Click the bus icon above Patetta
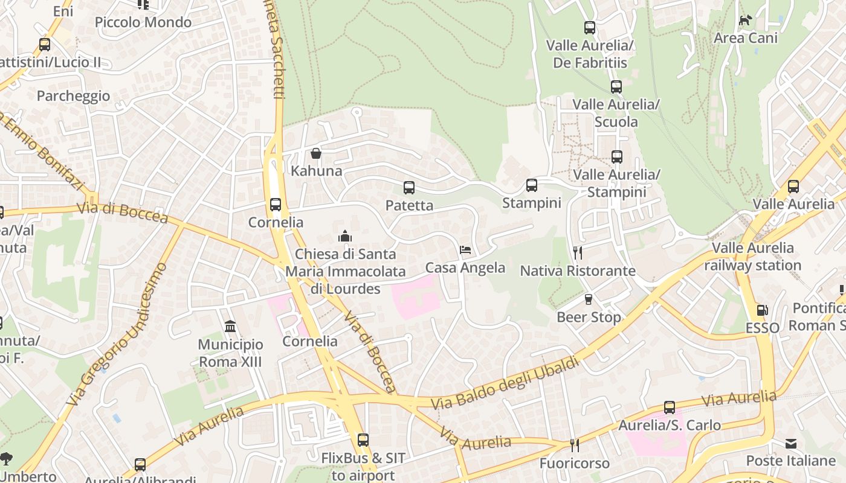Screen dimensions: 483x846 coord(409,188)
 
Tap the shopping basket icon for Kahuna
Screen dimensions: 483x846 coord(316,153)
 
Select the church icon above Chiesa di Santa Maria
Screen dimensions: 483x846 coord(345,236)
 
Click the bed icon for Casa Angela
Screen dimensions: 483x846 coord(465,250)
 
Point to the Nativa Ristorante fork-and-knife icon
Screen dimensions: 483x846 coord(578,252)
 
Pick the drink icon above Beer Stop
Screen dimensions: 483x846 coord(589,299)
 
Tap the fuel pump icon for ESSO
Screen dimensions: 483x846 coord(763,310)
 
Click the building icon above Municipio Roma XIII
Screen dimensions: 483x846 coord(230,327)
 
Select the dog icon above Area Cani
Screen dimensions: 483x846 coord(746,20)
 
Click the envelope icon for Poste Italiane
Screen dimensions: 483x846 coord(791,444)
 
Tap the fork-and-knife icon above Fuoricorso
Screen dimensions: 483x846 coord(575,446)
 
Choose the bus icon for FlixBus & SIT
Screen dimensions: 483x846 coord(363,440)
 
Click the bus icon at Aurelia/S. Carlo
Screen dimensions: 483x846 coord(670,408)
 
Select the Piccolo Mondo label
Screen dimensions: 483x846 coord(143,22)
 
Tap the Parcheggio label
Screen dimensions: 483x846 coord(73,96)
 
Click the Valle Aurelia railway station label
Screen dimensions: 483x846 coord(752,257)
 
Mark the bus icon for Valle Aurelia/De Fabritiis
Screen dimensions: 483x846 coord(590,28)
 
